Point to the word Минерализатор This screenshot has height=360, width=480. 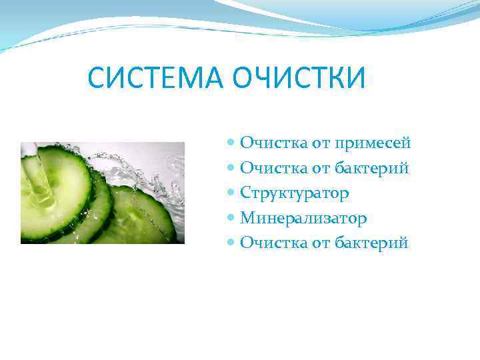pos(303,218)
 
